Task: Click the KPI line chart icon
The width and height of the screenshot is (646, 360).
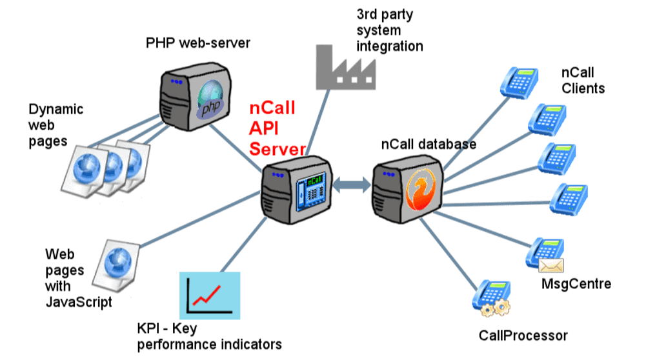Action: click(x=210, y=294)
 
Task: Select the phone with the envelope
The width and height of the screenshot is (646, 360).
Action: click(x=545, y=255)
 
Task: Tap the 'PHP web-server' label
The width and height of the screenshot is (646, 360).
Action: click(x=197, y=43)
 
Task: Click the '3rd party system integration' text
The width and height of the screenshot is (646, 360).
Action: click(x=389, y=30)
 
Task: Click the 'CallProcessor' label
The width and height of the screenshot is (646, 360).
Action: click(x=523, y=335)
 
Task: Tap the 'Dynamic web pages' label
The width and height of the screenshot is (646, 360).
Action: click(x=56, y=125)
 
